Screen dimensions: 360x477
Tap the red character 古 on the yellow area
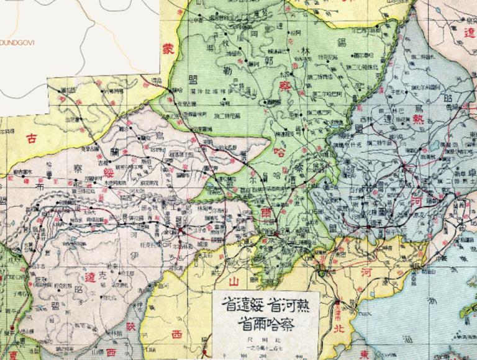[x=30, y=139]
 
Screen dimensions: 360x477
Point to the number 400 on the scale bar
[x=299, y=357]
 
